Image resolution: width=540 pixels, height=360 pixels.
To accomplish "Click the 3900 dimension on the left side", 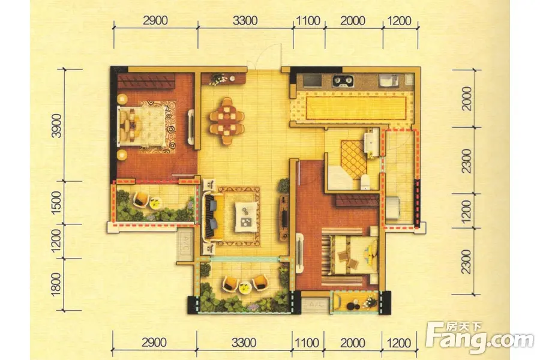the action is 57,125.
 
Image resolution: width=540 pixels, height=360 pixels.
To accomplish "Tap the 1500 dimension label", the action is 56,203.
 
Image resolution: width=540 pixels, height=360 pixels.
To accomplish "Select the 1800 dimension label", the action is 56,284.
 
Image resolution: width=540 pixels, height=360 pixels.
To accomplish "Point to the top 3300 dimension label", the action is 245,20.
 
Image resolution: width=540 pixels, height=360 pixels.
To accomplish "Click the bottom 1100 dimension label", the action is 307,343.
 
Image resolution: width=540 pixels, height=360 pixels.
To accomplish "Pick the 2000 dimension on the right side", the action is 467,98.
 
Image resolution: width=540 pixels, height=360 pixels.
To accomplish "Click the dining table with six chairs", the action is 227,121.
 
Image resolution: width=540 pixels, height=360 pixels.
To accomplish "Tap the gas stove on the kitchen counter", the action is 343,82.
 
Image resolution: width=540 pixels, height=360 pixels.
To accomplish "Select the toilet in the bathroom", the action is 365,182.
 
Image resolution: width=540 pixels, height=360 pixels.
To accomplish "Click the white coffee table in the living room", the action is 246,217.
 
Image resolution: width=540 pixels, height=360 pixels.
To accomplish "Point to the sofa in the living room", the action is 210,217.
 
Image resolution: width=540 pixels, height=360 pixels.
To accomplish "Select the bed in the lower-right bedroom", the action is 350,255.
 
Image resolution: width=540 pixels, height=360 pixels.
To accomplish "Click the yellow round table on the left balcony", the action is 155,202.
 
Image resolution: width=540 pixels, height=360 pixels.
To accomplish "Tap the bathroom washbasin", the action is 371,142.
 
